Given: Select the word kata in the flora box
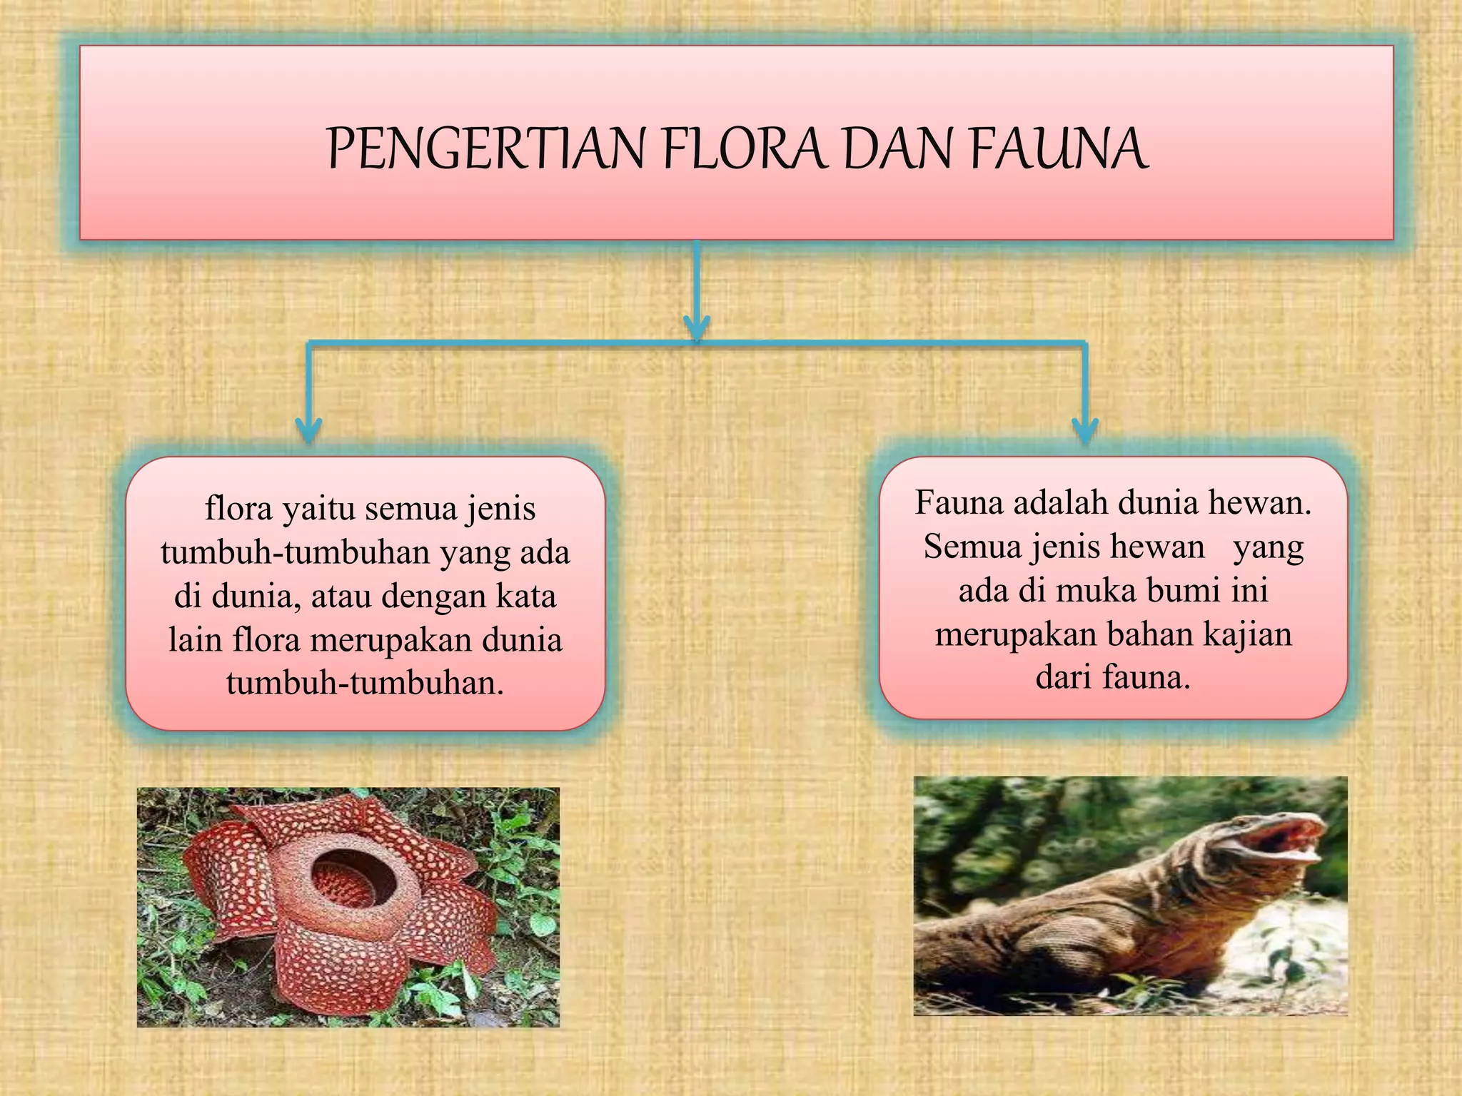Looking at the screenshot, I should click(x=525, y=597).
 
